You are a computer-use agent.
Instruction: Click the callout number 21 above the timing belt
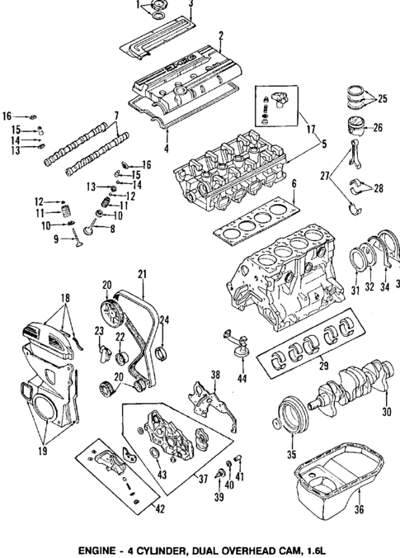[142, 273]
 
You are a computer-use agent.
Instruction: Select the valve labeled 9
[77, 236]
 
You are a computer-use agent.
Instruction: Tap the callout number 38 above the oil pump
[216, 375]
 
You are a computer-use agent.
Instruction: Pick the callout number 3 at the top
[191, 5]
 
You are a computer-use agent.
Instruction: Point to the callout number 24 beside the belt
[164, 320]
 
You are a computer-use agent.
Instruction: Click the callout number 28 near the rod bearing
[379, 189]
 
